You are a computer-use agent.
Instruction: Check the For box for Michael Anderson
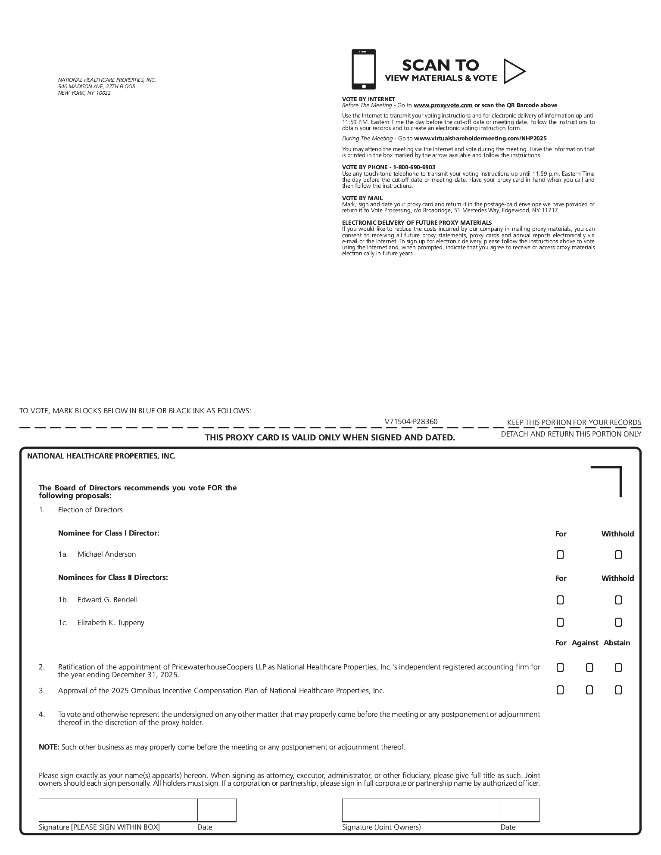point(560,555)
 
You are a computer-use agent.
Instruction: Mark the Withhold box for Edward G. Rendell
point(618,600)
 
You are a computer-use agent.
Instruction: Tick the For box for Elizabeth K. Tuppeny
point(560,623)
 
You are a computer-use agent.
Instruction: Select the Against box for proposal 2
point(589,668)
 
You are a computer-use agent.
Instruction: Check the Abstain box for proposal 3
point(618,691)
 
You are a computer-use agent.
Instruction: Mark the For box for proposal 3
point(560,691)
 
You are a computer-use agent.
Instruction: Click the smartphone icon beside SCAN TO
point(364,69)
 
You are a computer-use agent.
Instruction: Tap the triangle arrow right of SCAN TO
point(514,71)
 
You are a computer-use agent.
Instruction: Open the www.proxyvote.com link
point(443,105)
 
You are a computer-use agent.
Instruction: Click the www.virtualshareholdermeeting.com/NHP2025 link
point(480,139)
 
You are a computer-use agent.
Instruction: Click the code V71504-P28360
point(411,422)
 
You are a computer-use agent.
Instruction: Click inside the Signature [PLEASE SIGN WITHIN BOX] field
point(118,810)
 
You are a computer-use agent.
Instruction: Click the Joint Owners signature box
point(421,810)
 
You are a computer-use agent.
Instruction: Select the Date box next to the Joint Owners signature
point(520,810)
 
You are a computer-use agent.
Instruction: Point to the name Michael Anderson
point(106,555)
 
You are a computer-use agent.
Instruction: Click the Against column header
point(585,643)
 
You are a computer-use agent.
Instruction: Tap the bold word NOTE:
point(49,747)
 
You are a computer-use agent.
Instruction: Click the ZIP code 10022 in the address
point(103,93)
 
